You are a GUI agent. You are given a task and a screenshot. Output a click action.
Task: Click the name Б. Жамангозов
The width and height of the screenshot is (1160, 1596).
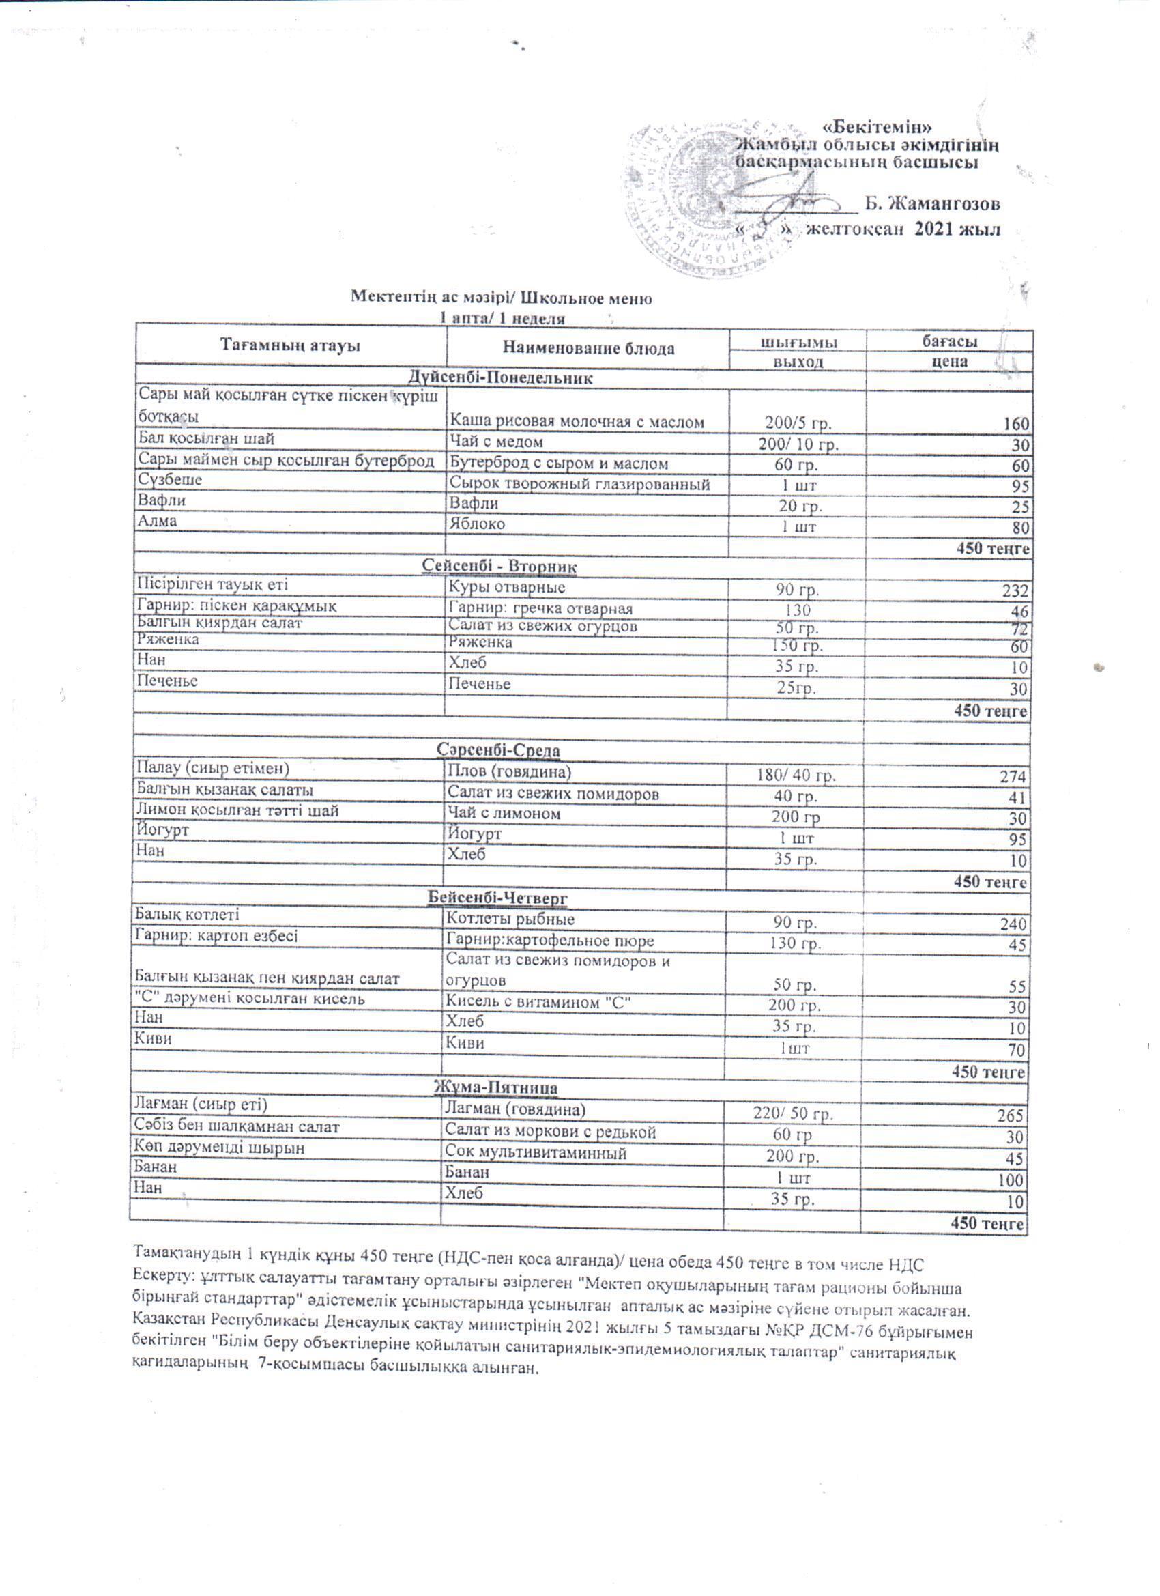pos(932,204)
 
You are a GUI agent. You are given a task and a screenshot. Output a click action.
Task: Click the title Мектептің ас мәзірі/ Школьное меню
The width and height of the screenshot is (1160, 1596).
pos(502,298)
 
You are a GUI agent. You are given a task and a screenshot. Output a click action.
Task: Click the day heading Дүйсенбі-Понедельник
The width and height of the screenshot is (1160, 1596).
pos(501,378)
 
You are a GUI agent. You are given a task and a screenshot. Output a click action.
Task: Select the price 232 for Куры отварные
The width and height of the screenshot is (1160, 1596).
pos(1014,591)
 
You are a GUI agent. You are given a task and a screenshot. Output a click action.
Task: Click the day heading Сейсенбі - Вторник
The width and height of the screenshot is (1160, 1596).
pos(500,567)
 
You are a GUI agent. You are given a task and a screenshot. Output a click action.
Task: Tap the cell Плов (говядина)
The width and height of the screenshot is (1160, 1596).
pos(510,771)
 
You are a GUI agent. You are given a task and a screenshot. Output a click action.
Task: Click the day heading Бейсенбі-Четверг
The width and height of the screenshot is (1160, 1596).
pos(498,898)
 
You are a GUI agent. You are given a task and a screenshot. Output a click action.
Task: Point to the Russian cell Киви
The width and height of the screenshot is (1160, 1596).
pos(465,1043)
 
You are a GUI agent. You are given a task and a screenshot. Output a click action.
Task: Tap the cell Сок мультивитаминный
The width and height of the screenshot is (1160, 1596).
pos(536,1153)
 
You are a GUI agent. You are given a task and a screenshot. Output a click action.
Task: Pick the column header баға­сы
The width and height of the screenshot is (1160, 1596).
pos(949,341)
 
